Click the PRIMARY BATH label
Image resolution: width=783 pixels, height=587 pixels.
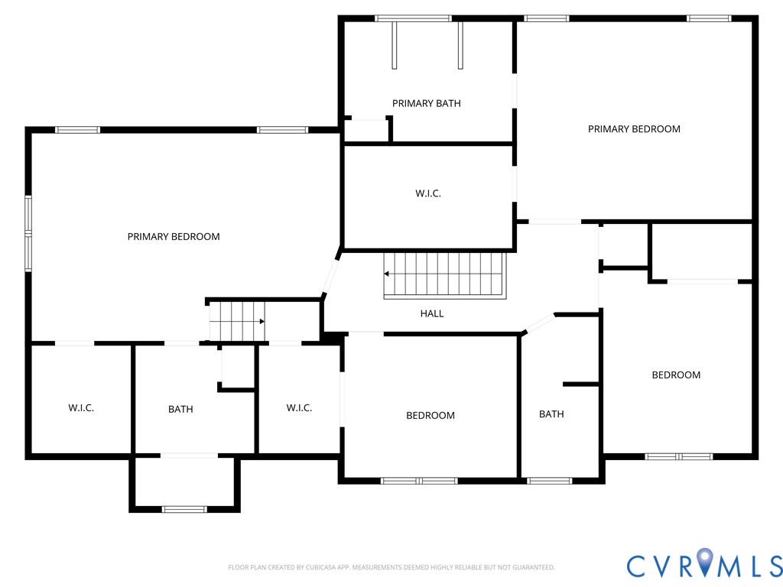coord(426,103)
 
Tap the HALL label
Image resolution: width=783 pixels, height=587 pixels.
coord(431,313)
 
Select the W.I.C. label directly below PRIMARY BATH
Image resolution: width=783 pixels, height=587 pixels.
coord(427,193)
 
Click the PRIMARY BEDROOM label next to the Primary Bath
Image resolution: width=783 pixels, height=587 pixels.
coord(634,129)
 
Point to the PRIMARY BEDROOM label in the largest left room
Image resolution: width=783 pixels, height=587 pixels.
coord(174,237)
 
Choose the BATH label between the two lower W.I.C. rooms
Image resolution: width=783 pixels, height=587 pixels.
coord(180,410)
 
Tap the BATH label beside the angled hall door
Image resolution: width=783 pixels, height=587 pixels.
coord(551,414)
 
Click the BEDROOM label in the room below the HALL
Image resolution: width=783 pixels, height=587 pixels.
coord(430,416)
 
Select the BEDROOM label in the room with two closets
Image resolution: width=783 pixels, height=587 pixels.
coord(676,375)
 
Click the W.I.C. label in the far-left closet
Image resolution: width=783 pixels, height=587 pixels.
coord(81,408)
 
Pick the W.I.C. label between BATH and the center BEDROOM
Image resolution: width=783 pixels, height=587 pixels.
coord(299,408)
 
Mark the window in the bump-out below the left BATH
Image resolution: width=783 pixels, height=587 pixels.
coord(185,509)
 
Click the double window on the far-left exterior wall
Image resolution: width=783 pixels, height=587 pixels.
coord(28,233)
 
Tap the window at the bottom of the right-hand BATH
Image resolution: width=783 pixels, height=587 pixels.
coord(549,481)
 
